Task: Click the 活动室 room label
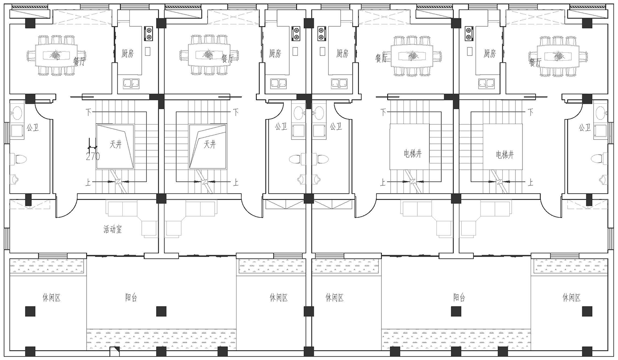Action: [x=112, y=229]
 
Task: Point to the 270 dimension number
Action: [x=93, y=157]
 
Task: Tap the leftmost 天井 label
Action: [x=116, y=144]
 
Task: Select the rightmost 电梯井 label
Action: [x=505, y=155]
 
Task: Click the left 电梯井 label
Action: [x=413, y=154]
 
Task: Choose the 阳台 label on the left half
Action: [x=131, y=297]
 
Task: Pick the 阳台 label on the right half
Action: [x=459, y=297]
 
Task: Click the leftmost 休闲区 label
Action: [x=51, y=297]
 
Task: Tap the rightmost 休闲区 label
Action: [x=572, y=297]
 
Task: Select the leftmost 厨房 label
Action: [x=128, y=53]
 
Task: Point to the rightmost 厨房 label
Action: [x=490, y=53]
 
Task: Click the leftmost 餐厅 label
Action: [x=79, y=61]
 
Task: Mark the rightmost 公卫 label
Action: [x=585, y=127]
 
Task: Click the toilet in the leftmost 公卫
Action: [x=18, y=159]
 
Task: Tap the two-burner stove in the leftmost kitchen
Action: [x=149, y=33]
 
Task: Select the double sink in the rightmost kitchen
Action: [x=486, y=83]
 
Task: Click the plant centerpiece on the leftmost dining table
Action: [x=56, y=55]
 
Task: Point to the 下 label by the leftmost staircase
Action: [x=88, y=112]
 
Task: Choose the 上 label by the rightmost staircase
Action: [x=531, y=182]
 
